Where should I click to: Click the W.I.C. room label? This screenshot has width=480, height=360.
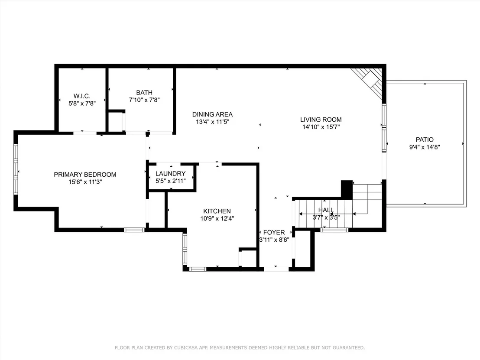[x=82, y=96]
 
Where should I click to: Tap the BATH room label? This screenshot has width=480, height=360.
[x=144, y=92]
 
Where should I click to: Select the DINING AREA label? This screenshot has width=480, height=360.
[x=212, y=114]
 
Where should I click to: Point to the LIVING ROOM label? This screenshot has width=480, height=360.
[x=321, y=120]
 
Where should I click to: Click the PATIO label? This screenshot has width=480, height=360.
[x=425, y=139]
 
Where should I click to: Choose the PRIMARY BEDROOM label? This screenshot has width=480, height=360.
[x=85, y=175]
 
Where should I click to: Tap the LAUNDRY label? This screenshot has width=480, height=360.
[x=171, y=174]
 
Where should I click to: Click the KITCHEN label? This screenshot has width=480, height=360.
[x=217, y=211]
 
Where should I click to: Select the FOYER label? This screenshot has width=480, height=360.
[x=274, y=233]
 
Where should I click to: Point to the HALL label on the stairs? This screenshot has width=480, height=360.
[x=326, y=210]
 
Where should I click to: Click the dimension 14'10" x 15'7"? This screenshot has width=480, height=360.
[x=321, y=127]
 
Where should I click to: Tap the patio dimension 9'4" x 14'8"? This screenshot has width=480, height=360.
[x=425, y=147]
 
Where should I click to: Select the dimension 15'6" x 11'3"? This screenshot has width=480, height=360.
[x=85, y=182]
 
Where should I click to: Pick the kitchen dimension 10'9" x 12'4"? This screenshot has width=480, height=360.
[x=217, y=219]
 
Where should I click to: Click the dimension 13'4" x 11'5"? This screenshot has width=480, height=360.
[x=212, y=122]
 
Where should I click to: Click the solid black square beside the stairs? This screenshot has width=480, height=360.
[x=347, y=189]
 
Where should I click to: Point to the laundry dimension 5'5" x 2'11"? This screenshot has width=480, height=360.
[x=171, y=181]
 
